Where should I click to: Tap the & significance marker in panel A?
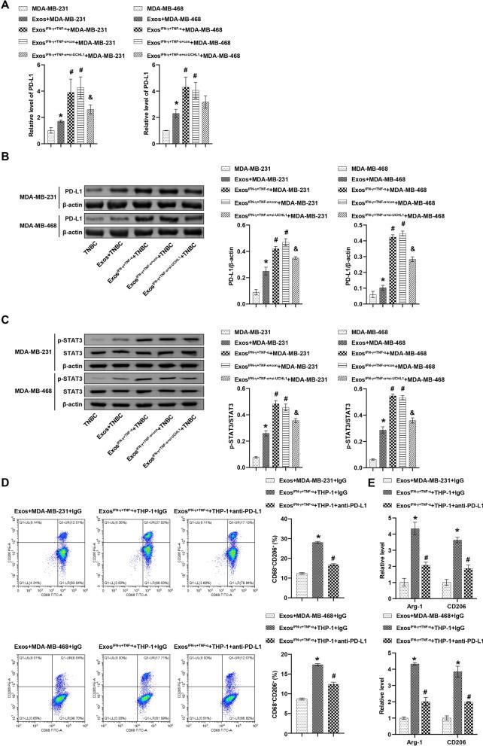(x=90, y=97)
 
